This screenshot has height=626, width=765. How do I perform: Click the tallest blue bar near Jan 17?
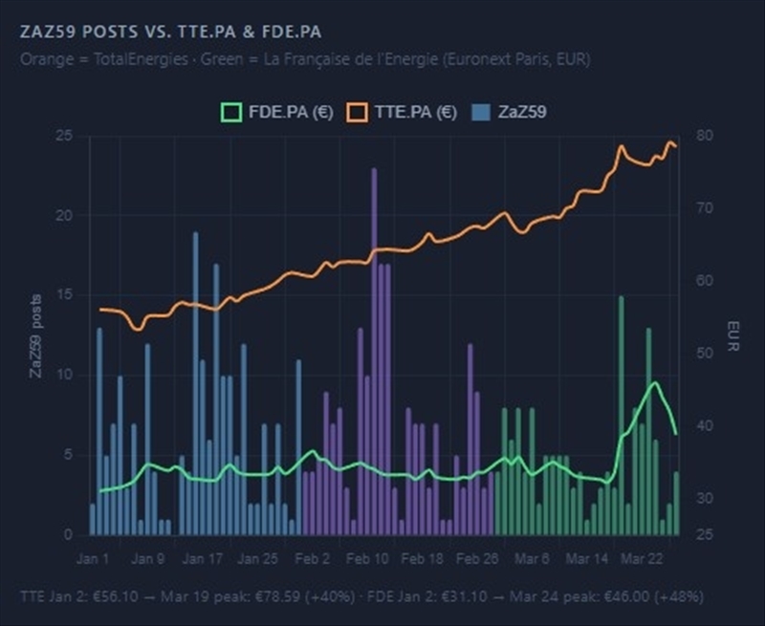tap(195, 382)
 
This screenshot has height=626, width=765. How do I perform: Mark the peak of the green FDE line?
tap(655, 383)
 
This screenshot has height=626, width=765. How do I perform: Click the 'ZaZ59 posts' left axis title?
tap(35, 335)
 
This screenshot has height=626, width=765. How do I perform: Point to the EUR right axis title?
tap(732, 335)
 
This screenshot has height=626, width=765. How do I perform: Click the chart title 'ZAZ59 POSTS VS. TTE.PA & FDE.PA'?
tap(169, 32)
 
